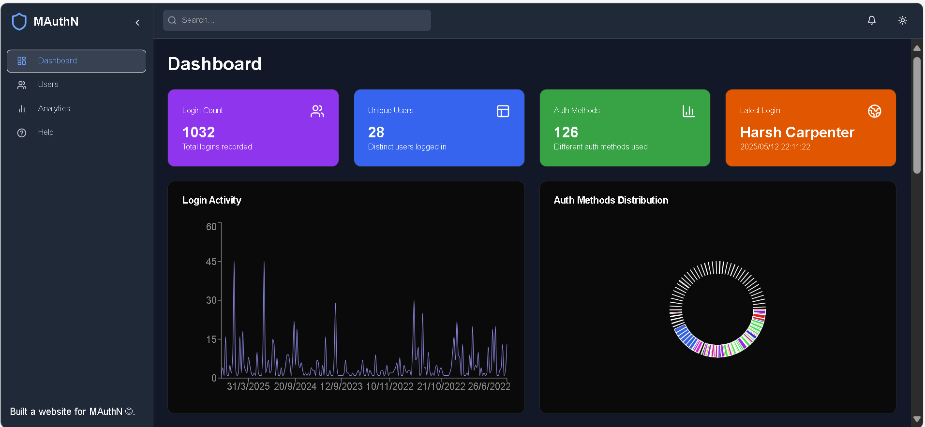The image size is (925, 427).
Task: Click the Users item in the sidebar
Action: point(48,85)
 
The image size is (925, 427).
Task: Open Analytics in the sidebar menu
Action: point(54,109)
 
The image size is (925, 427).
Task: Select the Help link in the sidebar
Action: point(45,133)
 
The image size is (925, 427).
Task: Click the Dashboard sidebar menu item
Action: point(57,61)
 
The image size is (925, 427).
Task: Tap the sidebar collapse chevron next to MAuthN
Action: point(137,23)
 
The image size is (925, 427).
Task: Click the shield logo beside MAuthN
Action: point(19,22)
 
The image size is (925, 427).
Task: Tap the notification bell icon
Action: point(871,20)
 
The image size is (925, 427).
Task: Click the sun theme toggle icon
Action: point(902,20)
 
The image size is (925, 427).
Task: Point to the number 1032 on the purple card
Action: point(198,132)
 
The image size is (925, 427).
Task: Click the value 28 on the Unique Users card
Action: point(376,132)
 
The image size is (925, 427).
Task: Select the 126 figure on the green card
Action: point(566,132)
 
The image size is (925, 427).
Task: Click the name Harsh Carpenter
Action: point(797,132)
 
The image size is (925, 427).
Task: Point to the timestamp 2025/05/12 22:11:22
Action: point(775,147)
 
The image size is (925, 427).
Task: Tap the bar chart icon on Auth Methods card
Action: point(688,111)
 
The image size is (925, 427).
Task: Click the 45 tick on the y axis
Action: point(211,262)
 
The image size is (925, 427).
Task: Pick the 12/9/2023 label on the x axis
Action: point(341,386)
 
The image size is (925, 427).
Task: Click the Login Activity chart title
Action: point(211,200)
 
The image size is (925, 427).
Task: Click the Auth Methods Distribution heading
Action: point(611,200)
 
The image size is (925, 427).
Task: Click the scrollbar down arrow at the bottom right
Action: point(917,419)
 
